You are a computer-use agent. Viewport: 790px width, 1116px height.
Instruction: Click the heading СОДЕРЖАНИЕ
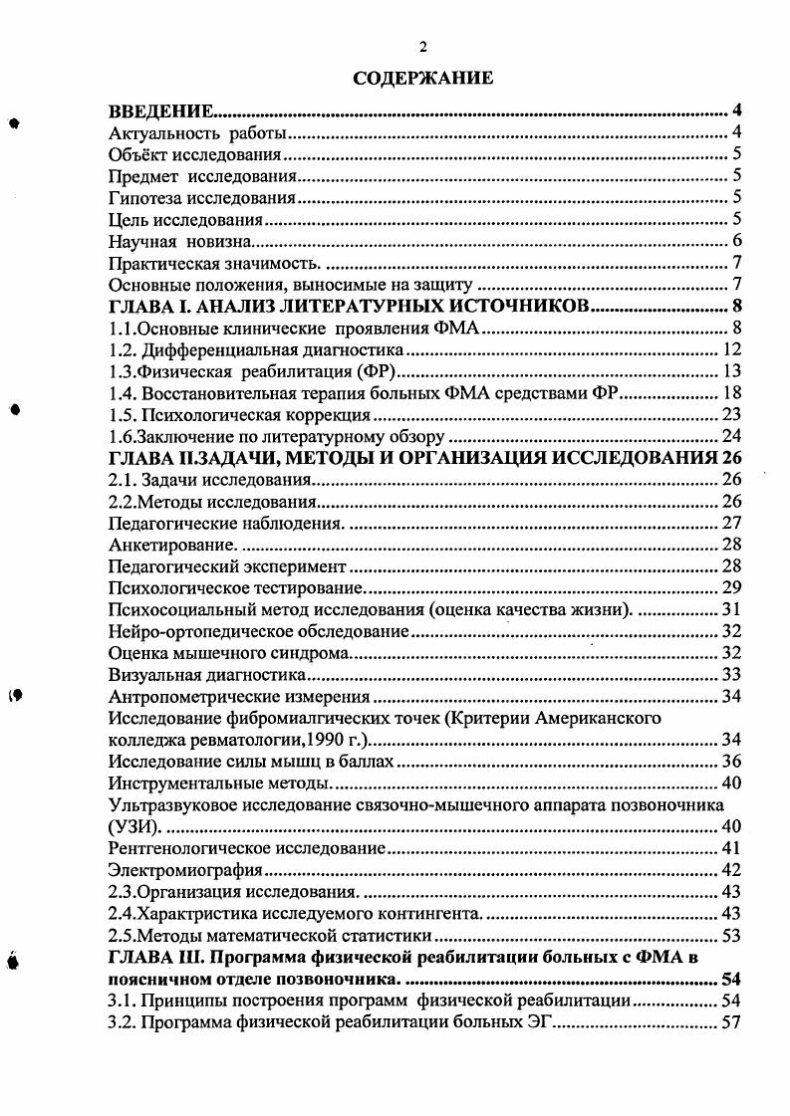coord(423,79)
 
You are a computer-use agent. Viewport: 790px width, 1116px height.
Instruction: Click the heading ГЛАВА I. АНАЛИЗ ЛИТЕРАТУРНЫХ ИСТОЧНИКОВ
coord(350,305)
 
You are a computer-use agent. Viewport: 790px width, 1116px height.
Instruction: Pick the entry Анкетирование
coord(171,544)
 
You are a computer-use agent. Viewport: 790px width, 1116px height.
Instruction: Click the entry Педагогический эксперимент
coord(228,565)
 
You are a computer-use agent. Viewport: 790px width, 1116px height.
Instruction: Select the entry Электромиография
coord(177,869)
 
